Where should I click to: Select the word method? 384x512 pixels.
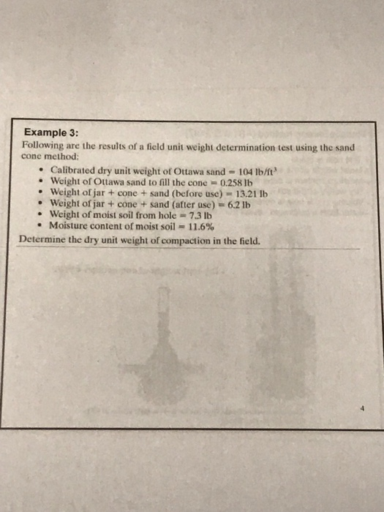click(61, 157)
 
